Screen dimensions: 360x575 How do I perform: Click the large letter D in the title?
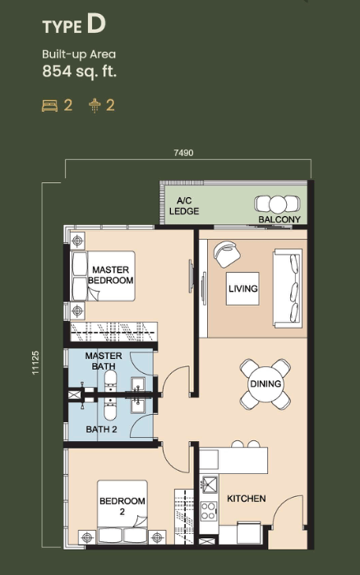click(x=96, y=24)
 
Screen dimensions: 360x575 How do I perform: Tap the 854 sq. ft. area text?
click(x=79, y=71)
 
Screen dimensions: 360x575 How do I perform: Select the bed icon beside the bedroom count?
click(x=49, y=106)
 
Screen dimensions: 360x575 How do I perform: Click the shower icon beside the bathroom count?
click(x=95, y=106)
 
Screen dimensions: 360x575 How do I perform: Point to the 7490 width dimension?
click(x=183, y=153)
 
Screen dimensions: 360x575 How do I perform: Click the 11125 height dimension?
click(x=35, y=363)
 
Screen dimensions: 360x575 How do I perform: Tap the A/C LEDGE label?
click(x=184, y=206)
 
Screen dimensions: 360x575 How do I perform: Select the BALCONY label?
click(x=279, y=219)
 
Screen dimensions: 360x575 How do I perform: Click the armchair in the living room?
click(x=227, y=254)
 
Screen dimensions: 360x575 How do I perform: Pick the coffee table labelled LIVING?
click(x=242, y=288)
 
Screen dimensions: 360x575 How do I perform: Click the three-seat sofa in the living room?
click(x=288, y=287)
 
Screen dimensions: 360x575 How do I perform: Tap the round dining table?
click(x=265, y=384)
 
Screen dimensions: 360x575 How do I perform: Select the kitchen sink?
click(x=210, y=485)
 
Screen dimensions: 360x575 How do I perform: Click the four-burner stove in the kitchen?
click(x=209, y=511)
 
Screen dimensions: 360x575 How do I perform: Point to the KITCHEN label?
click(x=247, y=499)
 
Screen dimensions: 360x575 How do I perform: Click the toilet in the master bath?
click(x=110, y=380)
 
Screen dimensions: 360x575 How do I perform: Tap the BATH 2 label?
click(x=101, y=429)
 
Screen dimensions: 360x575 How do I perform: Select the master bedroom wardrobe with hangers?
click(x=113, y=332)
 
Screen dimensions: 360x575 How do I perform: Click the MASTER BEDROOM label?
click(x=110, y=275)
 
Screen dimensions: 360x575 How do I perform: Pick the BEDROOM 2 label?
click(x=122, y=506)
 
